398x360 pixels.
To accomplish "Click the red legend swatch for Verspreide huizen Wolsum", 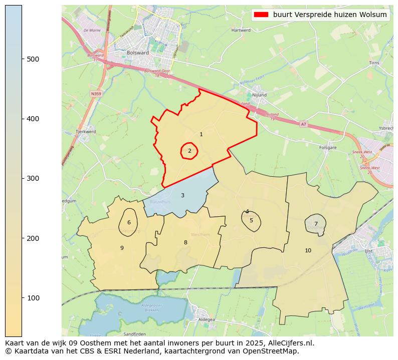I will point(262,15).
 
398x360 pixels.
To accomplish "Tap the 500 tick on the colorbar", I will point(22,59).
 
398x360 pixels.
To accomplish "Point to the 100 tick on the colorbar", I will point(22,298).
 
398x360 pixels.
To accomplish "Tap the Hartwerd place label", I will point(241,30).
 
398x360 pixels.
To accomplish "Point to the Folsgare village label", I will point(328,148).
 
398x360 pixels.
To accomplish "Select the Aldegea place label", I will point(207,319).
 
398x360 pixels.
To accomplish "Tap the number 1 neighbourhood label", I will point(201,134).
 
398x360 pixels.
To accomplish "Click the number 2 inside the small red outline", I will point(189,151).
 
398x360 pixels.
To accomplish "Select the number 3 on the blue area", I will point(182,195).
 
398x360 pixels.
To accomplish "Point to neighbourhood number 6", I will point(129,223).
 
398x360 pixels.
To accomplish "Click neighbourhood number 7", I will point(316,224).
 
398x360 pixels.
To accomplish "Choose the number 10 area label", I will point(308,250).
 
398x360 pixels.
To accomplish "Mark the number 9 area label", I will point(122,248).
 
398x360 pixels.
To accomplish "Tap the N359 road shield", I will point(96,94).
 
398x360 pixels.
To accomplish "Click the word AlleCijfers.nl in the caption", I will point(292,343).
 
